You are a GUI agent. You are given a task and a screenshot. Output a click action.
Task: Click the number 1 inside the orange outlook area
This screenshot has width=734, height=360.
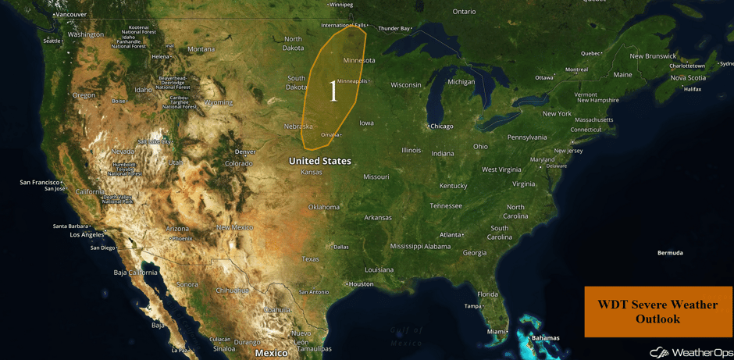(x=333, y=91)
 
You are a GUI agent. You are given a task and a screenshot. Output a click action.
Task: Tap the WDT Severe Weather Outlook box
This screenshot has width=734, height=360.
(x=657, y=312)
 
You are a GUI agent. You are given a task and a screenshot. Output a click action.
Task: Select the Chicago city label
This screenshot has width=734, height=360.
(x=441, y=126)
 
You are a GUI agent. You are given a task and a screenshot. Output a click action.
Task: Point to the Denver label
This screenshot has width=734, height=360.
(x=245, y=151)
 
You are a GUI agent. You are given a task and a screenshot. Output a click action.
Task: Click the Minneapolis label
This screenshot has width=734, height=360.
(x=352, y=81)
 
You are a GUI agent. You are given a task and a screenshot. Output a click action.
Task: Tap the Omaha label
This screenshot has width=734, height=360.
(x=330, y=134)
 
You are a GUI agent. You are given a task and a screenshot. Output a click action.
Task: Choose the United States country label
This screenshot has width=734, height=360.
(x=320, y=161)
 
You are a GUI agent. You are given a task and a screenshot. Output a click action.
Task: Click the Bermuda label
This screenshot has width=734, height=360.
(x=670, y=252)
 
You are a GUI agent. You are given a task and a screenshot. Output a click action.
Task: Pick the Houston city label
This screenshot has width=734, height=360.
(x=361, y=284)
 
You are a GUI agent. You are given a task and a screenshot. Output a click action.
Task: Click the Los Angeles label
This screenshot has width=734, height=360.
(x=87, y=234)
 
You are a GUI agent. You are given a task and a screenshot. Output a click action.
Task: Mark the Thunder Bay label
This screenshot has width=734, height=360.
(x=394, y=28)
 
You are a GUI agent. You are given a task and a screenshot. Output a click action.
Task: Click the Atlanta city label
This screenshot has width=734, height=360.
(x=450, y=234)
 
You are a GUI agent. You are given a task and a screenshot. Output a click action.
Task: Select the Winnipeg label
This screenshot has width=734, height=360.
(x=341, y=4)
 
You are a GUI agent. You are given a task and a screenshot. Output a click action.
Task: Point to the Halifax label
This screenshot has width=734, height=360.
(x=693, y=89)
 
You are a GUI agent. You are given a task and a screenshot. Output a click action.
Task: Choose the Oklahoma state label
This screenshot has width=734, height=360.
(x=323, y=207)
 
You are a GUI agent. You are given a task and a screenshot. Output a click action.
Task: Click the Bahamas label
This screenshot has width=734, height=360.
(x=546, y=338)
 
